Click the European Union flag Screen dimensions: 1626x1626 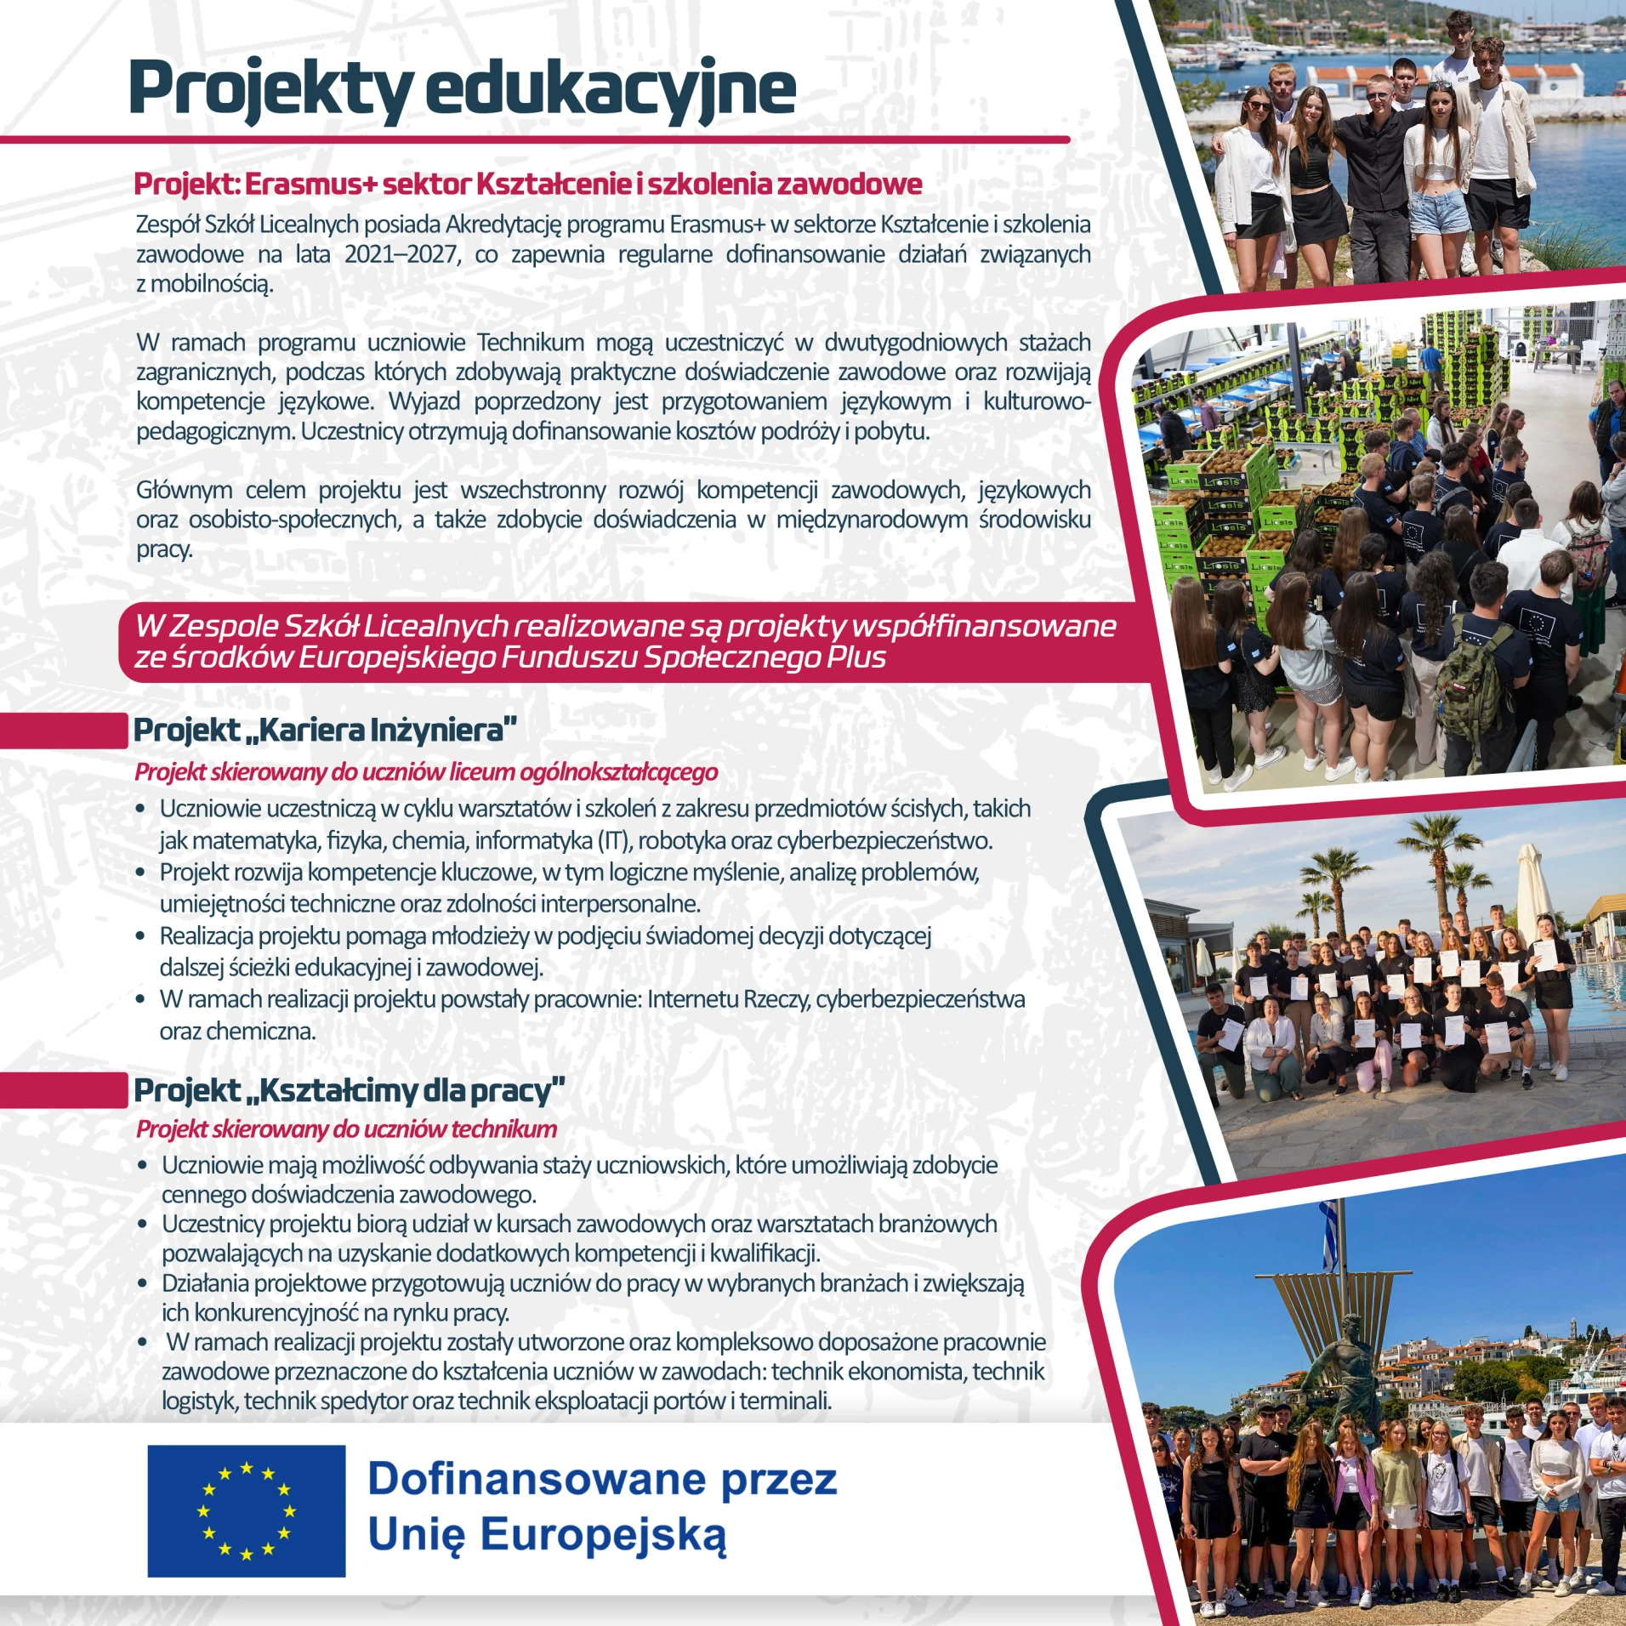[x=246, y=1510]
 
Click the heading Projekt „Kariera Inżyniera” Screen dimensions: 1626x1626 [x=325, y=730]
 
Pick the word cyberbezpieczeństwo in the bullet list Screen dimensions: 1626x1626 [x=884, y=841]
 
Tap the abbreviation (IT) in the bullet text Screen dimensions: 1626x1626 [x=612, y=841]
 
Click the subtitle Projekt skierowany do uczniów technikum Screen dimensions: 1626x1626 [x=346, y=1129]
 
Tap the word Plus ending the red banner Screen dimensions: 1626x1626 [x=856, y=657]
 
